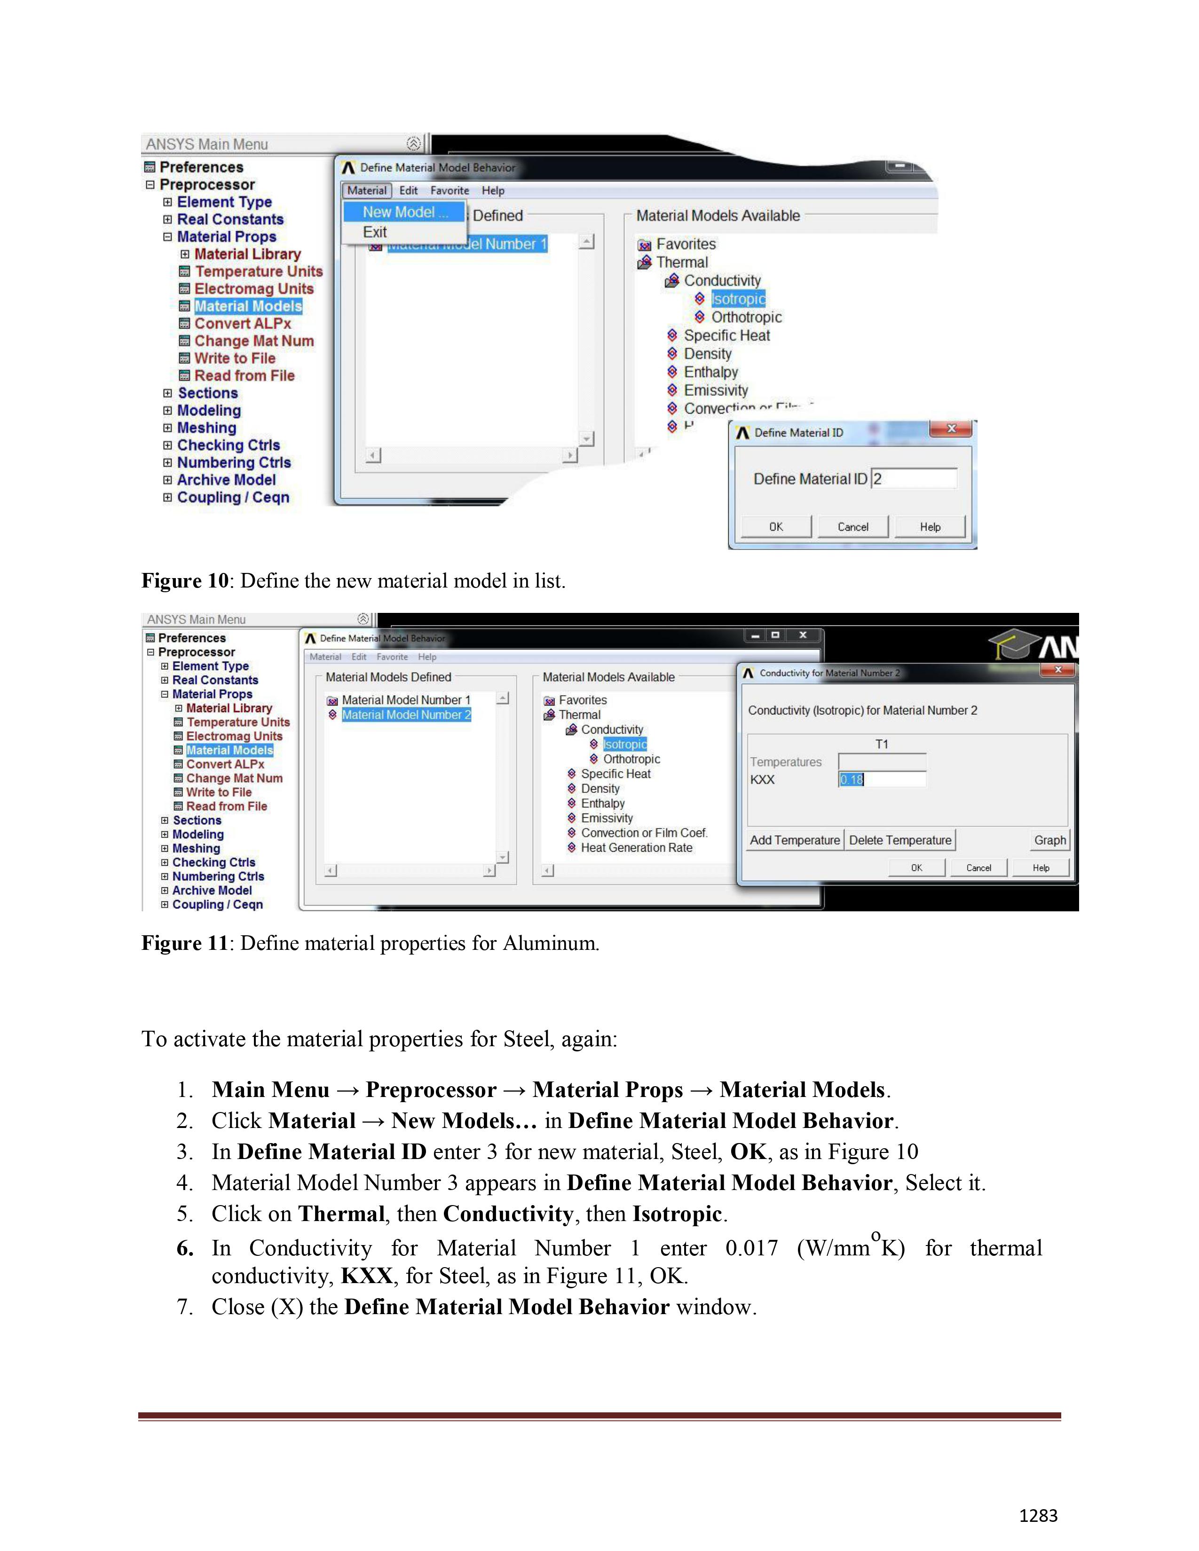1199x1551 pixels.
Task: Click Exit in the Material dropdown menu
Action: tap(375, 232)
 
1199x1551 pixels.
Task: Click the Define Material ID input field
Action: tap(914, 478)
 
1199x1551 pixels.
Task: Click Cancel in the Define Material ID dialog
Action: tap(852, 527)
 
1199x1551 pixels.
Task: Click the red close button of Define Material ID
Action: tap(951, 429)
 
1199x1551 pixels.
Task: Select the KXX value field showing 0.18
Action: tap(882, 780)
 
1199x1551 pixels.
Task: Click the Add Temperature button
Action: tap(795, 840)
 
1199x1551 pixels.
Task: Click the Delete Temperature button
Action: tap(900, 840)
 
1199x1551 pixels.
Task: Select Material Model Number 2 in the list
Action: tap(406, 715)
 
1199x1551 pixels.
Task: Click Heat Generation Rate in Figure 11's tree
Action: tap(637, 848)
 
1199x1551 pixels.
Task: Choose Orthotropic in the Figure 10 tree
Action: tap(747, 317)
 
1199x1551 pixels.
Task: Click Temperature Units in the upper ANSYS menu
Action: tap(259, 271)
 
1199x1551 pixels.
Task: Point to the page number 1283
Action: tap(1038, 1515)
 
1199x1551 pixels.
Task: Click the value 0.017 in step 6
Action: tap(751, 1248)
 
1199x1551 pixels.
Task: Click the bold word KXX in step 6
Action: tap(367, 1276)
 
